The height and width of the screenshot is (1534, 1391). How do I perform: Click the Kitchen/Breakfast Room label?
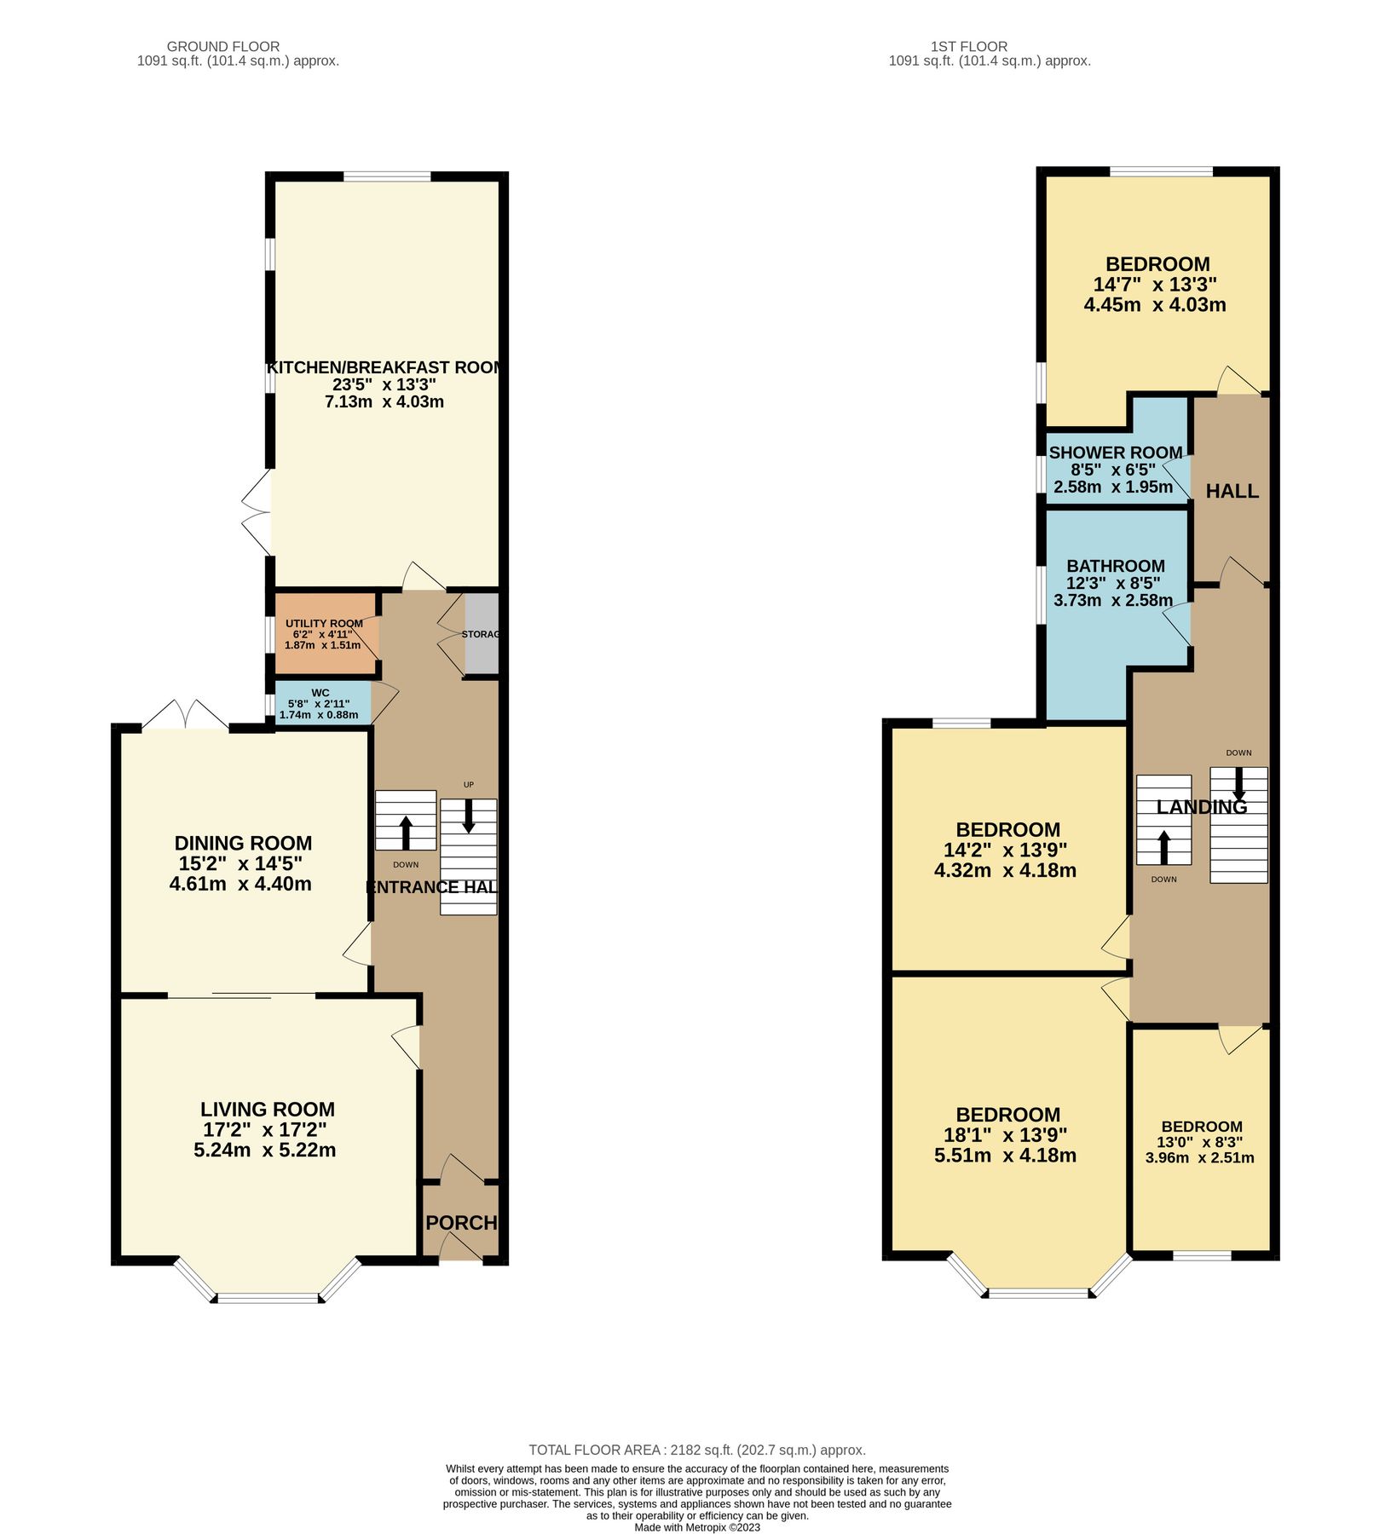point(385,367)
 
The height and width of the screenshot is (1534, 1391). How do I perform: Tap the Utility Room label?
point(324,623)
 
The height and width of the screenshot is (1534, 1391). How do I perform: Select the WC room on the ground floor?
point(320,703)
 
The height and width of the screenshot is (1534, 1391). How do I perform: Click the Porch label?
point(460,1223)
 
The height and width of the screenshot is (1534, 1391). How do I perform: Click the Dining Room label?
point(243,843)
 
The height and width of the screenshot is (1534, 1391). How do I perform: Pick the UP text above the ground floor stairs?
point(468,784)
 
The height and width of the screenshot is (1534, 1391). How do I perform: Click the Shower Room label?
point(1115,453)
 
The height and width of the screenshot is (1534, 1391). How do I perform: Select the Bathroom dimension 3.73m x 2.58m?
point(1113,600)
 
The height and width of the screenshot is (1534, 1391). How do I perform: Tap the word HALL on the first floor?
point(1232,491)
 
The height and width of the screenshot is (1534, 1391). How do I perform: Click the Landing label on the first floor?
point(1201,806)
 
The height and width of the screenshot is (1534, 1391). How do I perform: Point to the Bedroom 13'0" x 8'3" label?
point(1201,1126)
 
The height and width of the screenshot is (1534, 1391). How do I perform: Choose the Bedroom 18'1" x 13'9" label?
point(1007,1115)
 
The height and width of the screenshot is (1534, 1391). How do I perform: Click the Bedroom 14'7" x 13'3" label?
point(1157,264)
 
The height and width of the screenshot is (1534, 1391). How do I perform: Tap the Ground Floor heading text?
point(222,46)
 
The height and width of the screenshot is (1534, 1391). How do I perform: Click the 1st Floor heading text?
point(968,46)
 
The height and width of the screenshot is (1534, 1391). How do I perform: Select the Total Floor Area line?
point(696,1450)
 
